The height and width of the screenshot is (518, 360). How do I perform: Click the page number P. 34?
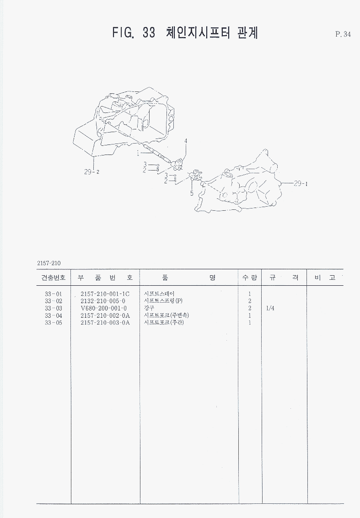[343, 34]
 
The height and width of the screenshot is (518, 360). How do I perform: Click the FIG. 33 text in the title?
[134, 33]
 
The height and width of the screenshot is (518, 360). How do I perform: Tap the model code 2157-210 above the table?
[48, 263]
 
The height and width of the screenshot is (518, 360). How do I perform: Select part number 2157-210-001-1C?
[105, 294]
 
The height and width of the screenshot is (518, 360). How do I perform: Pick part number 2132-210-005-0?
[103, 301]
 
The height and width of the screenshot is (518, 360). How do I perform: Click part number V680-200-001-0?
[103, 308]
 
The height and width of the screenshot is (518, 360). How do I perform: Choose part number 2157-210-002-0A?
[105, 315]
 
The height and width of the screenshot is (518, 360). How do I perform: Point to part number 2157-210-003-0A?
[105, 323]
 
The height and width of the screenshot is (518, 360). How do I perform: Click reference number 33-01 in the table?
[54, 294]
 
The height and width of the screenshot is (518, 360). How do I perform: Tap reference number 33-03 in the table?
[54, 308]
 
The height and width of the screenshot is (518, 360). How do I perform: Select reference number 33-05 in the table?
[54, 323]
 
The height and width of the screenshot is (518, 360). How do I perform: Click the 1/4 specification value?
[270, 308]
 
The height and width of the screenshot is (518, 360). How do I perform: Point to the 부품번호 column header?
[105, 278]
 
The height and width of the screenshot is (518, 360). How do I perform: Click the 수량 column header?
[250, 278]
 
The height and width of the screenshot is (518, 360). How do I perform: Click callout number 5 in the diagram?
[192, 193]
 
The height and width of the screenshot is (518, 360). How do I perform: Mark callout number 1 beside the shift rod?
[137, 154]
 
